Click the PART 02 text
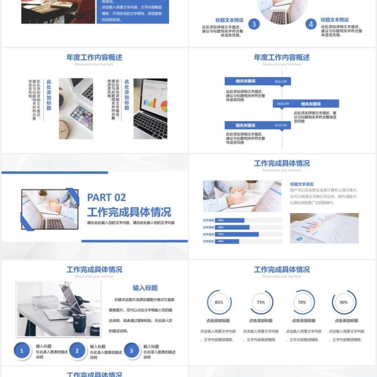point(107,197)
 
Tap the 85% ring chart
point(219,303)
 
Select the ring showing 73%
point(261,303)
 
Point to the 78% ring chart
point(302,303)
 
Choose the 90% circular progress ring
point(344,303)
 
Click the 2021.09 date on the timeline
point(280,81)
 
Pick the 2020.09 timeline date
point(283,104)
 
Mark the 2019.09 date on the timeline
point(280,125)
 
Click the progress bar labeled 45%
point(227,241)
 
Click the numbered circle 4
point(311,24)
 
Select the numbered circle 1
point(21,351)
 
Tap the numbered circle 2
point(77,351)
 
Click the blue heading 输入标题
point(145,287)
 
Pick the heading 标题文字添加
point(302,184)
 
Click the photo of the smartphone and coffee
point(76,108)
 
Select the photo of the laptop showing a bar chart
point(150,108)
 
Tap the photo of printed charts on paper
point(318,228)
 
